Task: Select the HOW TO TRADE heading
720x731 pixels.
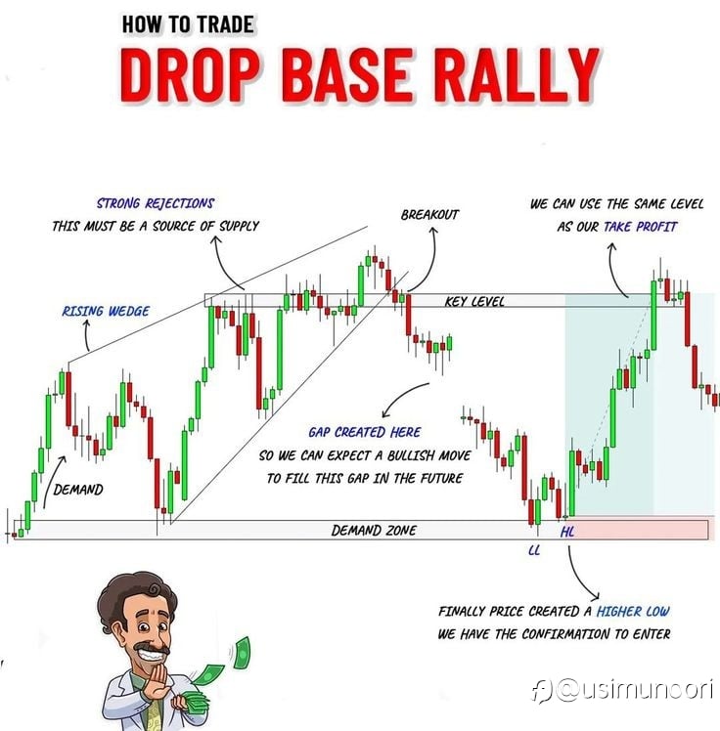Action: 188,24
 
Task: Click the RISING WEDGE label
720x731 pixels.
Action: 106,311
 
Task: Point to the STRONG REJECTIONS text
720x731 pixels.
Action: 156,203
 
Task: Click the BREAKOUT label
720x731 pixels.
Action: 429,214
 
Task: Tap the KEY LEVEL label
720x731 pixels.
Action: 474,301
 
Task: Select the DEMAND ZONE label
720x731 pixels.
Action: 374,530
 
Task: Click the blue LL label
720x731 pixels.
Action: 534,550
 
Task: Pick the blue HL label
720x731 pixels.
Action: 567,532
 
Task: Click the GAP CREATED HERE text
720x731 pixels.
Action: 365,432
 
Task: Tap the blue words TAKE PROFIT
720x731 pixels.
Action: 640,227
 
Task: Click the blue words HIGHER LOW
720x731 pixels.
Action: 633,611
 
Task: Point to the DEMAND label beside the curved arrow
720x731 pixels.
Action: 78,490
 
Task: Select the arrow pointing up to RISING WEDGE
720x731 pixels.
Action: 87,335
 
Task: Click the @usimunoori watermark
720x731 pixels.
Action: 622,690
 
